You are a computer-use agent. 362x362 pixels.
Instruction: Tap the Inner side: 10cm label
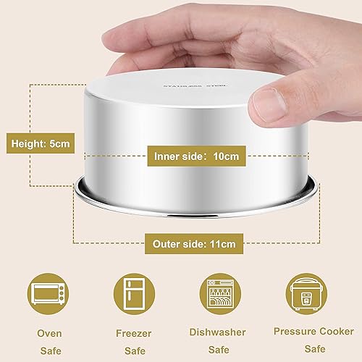tap(196, 155)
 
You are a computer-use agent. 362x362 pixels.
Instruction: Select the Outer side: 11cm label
tap(193, 244)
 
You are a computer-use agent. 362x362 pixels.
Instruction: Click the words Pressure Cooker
tap(309, 331)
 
